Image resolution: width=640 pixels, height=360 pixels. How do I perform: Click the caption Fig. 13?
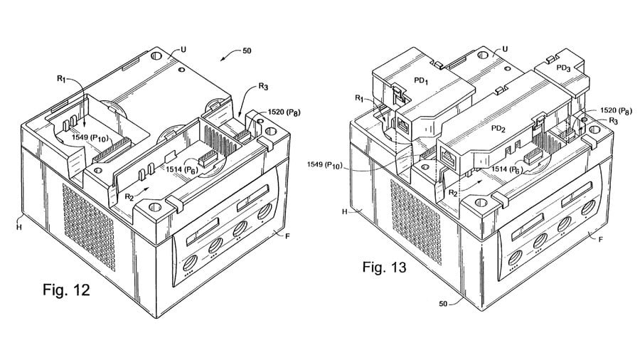click(384, 268)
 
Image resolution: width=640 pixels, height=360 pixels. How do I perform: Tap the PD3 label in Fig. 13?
click(563, 68)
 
